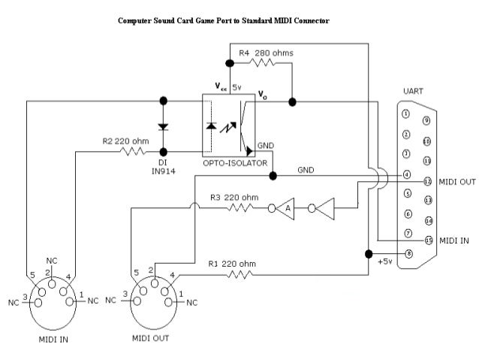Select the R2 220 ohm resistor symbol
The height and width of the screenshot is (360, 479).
[133, 152]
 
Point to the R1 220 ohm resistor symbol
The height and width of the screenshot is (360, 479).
[236, 274]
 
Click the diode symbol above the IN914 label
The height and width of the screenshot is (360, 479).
[163, 126]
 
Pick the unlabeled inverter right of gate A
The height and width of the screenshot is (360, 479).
[324, 208]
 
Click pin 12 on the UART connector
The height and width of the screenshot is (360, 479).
[427, 181]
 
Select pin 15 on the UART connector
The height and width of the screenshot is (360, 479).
[427, 241]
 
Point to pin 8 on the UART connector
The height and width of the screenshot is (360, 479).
[407, 253]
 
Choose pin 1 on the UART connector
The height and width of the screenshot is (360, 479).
[406, 114]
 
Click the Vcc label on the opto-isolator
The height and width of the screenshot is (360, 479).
[222, 87]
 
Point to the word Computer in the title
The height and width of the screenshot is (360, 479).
[134, 20]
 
